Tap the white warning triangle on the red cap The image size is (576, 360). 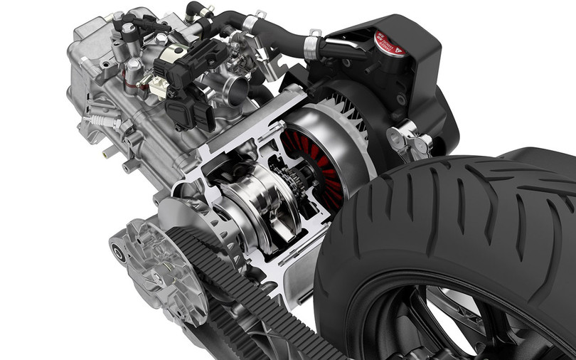pyautogui.click(x=400, y=49)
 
